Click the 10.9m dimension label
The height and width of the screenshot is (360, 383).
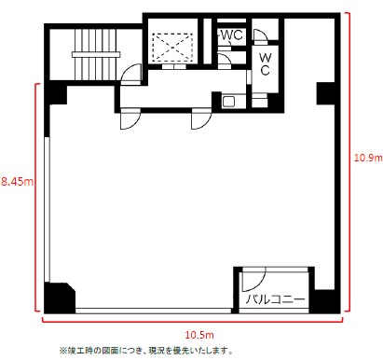click(x=368, y=158)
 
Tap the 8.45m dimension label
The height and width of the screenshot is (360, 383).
click(x=17, y=182)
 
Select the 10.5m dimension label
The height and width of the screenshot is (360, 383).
click(x=199, y=335)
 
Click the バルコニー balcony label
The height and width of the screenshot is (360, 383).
click(x=276, y=299)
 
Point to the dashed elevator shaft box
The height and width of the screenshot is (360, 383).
click(x=172, y=48)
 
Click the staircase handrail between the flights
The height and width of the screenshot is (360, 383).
click(x=96, y=54)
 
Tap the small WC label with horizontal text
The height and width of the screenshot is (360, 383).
click(x=232, y=35)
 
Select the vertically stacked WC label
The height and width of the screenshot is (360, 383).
click(x=265, y=64)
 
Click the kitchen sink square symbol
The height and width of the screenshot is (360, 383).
click(x=229, y=102)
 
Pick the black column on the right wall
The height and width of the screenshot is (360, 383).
click(x=325, y=93)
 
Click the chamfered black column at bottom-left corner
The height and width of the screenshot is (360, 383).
click(x=60, y=298)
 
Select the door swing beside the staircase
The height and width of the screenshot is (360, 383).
click(x=130, y=74)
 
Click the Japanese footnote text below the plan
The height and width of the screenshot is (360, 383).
click(x=145, y=351)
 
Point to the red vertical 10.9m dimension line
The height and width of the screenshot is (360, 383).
click(x=349, y=161)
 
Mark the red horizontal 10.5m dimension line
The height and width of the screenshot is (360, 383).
click(x=192, y=322)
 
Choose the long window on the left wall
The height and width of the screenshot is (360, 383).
click(x=47, y=209)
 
